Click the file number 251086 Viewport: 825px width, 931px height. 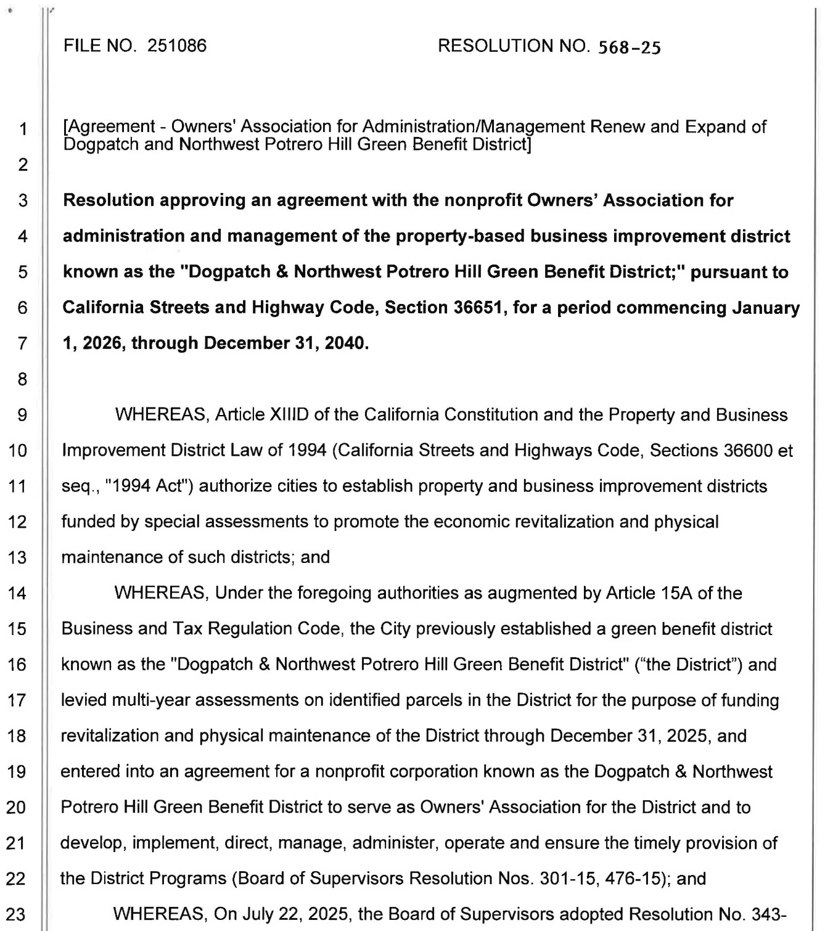[177, 46]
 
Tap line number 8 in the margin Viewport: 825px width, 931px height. [22, 379]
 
